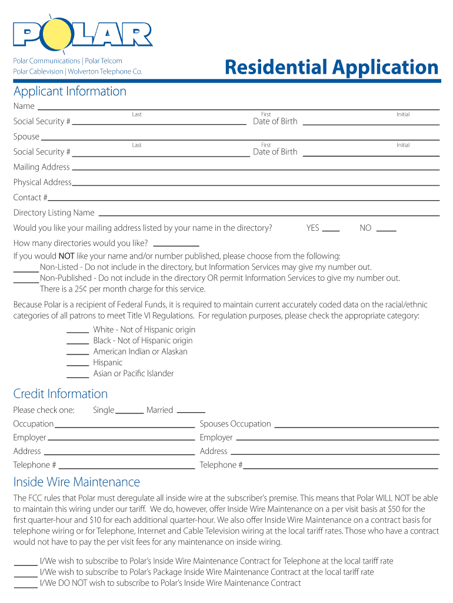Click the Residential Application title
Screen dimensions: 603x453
pos(332,68)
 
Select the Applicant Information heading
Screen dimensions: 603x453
pos(70,91)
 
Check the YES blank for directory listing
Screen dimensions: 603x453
pos(331,230)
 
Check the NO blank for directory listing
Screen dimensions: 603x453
pos(386,230)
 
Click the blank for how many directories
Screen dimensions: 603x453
pos(176,246)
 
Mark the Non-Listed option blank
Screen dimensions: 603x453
pos(26,270)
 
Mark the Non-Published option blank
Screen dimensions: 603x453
pos(26,281)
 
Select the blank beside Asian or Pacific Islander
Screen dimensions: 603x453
pos(78,376)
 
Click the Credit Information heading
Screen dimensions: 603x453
pos(61,394)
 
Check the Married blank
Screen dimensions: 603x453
pos(191,412)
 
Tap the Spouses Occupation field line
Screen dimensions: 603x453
pos(357,426)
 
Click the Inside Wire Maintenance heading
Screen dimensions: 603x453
pos(76,482)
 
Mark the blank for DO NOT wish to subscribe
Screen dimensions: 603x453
pos(26,587)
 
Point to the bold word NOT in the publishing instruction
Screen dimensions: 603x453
pos(66,256)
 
